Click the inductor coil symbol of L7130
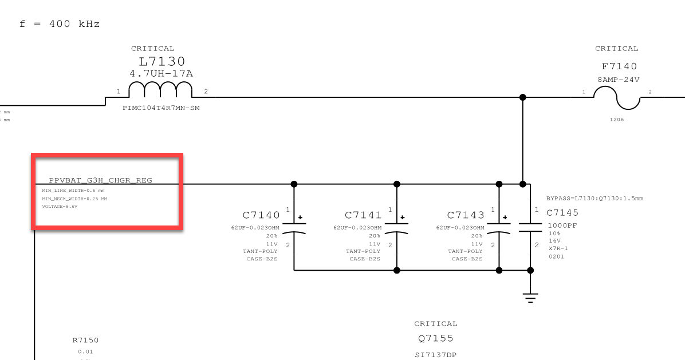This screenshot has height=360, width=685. point(160,90)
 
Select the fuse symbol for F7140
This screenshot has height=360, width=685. point(617,98)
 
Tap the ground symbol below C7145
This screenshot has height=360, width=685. point(530,298)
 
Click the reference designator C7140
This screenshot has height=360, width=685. point(261,215)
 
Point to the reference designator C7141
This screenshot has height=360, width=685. point(363,215)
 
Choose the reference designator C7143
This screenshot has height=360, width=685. point(466,215)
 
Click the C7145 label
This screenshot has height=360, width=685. point(562,213)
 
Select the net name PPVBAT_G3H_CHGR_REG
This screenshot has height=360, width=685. point(101,180)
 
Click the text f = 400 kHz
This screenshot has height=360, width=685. point(60,24)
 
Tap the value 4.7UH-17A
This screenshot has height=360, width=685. point(162,73)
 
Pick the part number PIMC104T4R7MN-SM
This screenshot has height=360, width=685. point(162,108)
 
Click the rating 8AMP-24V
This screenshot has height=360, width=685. point(619,80)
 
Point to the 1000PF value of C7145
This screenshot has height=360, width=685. point(562,226)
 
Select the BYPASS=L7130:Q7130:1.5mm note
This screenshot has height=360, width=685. point(595,199)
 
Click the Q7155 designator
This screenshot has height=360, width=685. point(436,338)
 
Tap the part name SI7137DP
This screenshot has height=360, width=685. point(436,355)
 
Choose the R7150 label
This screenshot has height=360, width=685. point(85,341)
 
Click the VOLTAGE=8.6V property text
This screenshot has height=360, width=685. point(60,207)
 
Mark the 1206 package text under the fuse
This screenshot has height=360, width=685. point(617,120)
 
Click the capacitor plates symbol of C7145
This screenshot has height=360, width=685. point(530,227)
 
